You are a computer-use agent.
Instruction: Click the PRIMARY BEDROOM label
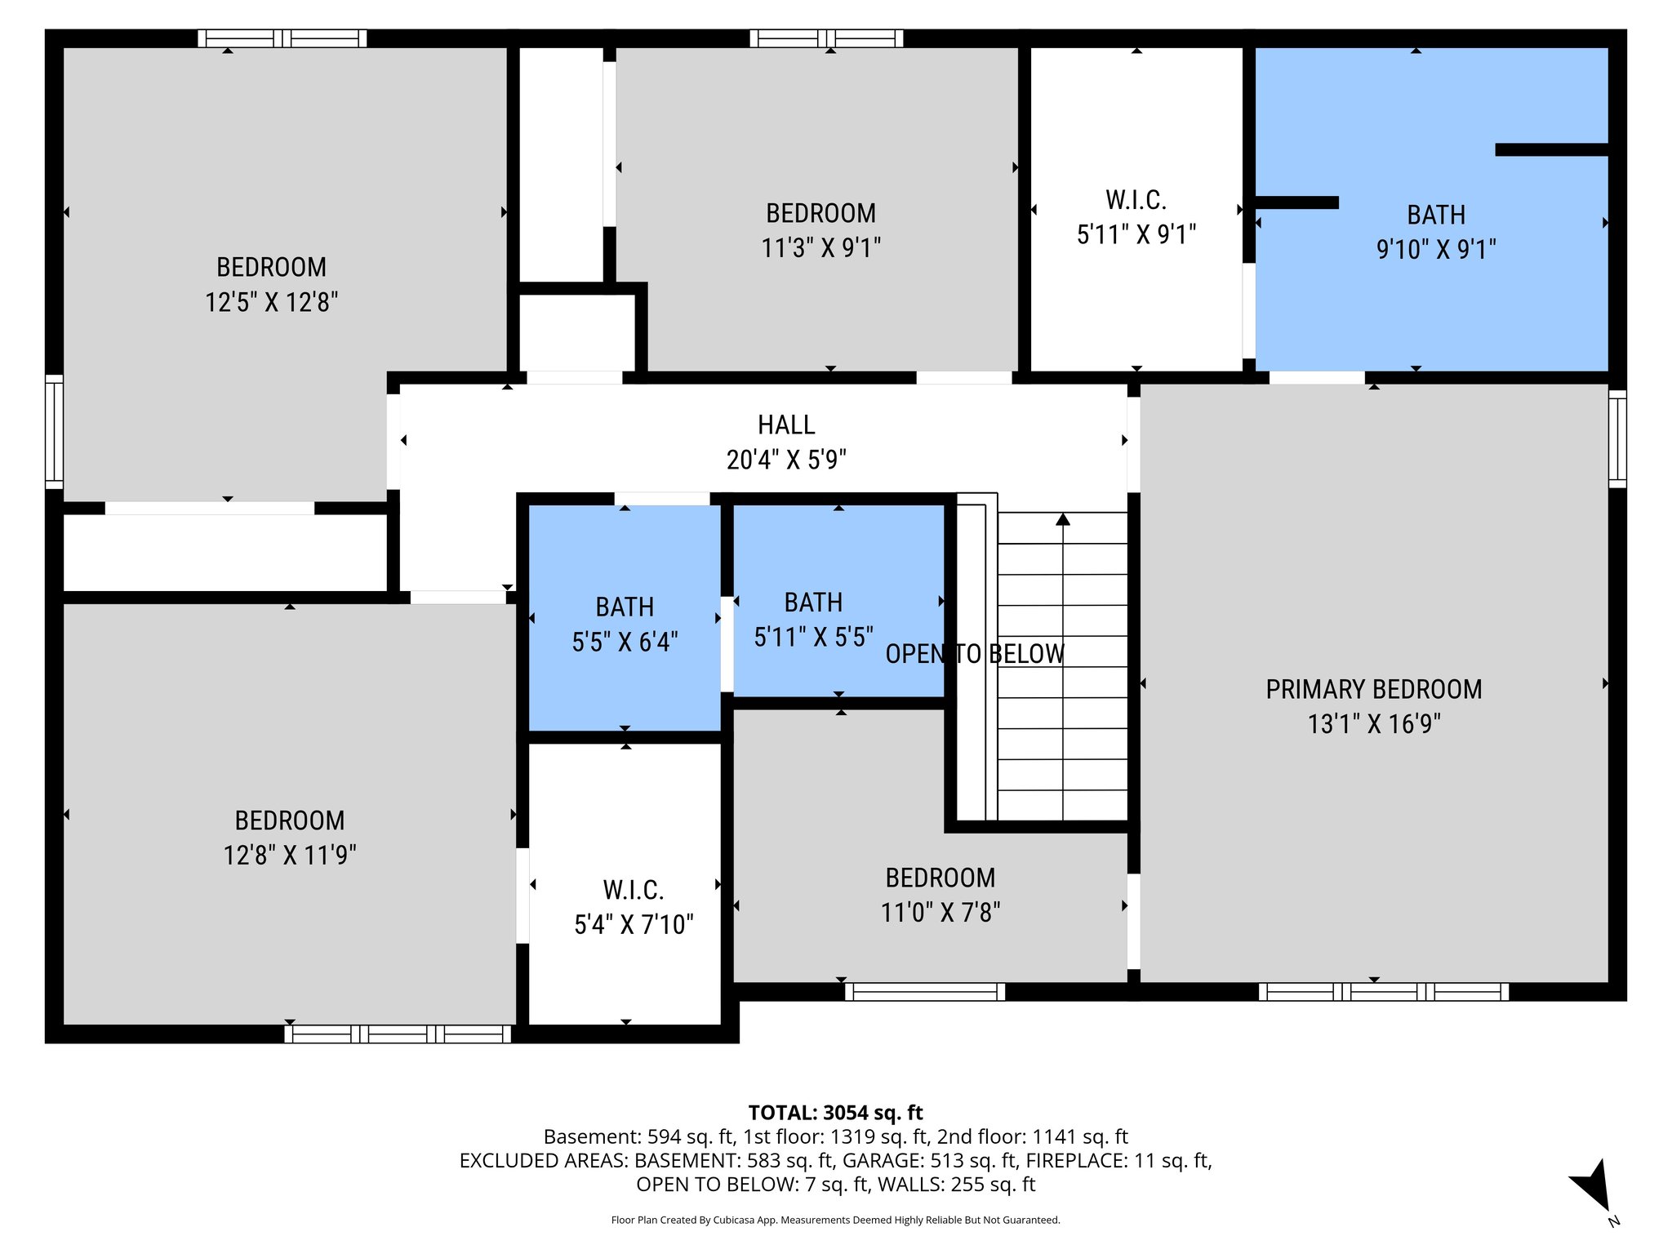tap(1373, 689)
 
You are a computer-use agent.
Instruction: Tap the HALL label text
tap(785, 425)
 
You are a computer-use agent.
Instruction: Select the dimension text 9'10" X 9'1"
tap(1435, 249)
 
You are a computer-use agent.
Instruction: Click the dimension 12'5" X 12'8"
tap(271, 302)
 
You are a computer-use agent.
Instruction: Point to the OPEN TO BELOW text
tap(975, 654)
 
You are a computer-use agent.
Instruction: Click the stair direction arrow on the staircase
tap(1062, 519)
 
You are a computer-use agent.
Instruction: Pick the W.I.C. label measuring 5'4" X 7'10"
tap(634, 889)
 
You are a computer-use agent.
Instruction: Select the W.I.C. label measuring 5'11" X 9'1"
tap(1136, 199)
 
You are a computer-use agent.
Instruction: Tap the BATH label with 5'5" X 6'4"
tap(625, 607)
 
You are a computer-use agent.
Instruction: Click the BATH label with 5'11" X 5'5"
tap(813, 603)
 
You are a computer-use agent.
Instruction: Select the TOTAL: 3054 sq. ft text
tap(835, 1112)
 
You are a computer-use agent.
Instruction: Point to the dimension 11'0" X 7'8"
tap(940, 912)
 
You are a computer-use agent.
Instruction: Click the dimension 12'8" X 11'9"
tap(290, 855)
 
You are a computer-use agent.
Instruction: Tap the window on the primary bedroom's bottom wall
tap(1383, 992)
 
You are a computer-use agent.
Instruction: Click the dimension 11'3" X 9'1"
tap(820, 247)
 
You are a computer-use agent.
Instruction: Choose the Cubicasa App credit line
tap(835, 1220)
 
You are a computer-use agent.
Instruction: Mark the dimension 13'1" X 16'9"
tap(1373, 724)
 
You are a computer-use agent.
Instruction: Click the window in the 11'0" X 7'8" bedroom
tap(924, 992)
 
